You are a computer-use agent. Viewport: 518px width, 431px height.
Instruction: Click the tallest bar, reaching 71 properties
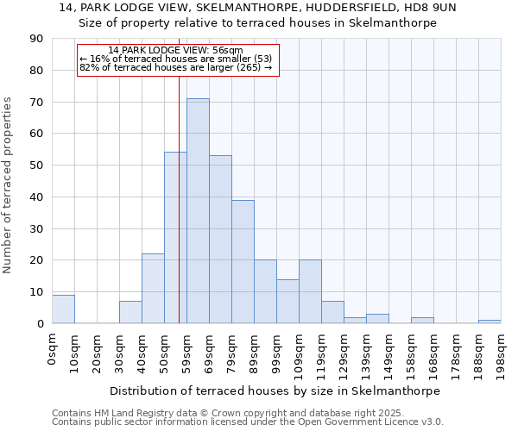point(198,211)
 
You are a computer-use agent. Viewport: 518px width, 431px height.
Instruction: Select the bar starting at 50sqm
point(175,238)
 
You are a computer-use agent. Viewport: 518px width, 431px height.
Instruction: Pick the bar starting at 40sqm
point(153,289)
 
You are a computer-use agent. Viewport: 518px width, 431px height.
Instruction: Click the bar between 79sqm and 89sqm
point(243,262)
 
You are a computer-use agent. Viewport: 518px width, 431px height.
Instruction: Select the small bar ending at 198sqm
point(490,322)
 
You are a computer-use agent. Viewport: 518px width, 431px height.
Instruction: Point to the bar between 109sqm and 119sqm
point(310,292)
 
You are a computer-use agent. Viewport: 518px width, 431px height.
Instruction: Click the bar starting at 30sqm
point(130,312)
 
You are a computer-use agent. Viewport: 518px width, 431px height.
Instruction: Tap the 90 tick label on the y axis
point(37,39)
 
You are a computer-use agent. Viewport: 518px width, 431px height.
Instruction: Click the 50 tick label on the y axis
point(37,166)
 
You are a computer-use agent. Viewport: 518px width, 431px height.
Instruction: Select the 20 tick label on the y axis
point(37,260)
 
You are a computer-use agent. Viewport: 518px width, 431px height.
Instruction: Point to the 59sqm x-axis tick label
point(187,351)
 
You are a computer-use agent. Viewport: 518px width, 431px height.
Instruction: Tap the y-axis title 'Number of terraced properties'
point(8,185)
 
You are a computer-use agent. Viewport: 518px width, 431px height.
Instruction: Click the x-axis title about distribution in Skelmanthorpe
point(275,390)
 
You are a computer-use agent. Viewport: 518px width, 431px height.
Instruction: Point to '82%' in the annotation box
point(88,67)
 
